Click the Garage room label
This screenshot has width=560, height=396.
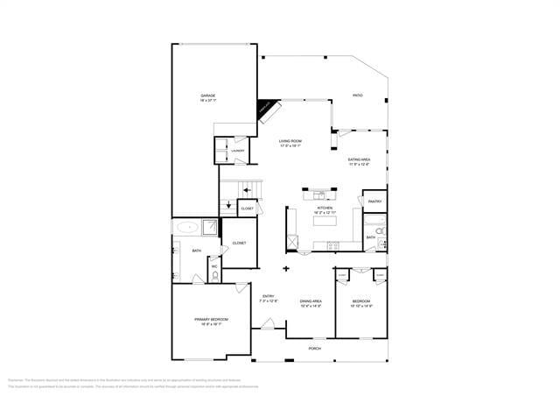207,97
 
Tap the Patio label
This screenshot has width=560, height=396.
357,95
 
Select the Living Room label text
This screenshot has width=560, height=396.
290,143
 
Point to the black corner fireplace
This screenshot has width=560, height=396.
265,110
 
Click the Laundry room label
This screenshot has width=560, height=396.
238,152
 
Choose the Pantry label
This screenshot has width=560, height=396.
374,202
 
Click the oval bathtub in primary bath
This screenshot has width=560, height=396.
186,228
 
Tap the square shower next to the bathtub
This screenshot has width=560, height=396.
211,228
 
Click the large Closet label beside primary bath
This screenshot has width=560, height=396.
239,243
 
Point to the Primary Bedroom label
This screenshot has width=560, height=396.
211,321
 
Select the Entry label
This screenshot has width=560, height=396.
269,298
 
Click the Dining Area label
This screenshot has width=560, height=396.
311,303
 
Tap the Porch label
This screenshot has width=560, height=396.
314,349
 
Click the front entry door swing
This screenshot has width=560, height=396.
266,327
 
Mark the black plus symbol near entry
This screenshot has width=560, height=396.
286,269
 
